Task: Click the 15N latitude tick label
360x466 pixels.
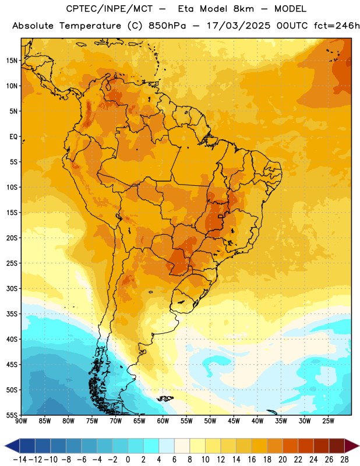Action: [x=12, y=61]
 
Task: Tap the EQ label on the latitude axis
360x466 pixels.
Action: [x=13, y=137]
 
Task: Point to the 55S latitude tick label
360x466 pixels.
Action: [x=12, y=415]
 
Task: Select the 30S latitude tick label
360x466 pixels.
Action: [x=12, y=288]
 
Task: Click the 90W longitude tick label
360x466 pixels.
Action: [x=21, y=421]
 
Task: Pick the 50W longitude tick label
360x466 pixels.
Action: [x=210, y=421]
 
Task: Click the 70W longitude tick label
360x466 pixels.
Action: [x=116, y=421]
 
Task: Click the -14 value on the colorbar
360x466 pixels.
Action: [x=20, y=460]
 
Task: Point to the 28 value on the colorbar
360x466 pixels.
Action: [x=344, y=460]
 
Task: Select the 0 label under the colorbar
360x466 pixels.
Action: [x=128, y=460]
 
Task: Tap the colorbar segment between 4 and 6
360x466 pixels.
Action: [x=167, y=446]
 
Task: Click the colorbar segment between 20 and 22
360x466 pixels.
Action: [x=291, y=446]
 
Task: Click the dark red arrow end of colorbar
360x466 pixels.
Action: [x=352, y=446]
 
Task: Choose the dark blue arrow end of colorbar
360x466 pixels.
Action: [x=12, y=446]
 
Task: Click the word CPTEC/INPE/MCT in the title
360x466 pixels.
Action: [x=110, y=9]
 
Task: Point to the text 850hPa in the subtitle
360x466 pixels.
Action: [x=167, y=26]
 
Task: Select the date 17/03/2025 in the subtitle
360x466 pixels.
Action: [x=238, y=26]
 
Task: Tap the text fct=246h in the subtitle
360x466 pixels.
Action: [x=337, y=26]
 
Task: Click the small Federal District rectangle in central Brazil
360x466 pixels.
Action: [x=221, y=216]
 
